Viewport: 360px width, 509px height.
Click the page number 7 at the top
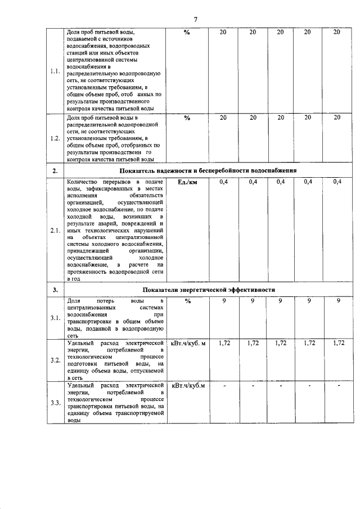point(196,20)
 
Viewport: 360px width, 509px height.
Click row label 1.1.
point(55,71)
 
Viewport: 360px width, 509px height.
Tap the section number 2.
point(55,170)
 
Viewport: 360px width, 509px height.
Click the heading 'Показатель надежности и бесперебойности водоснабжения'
point(208,170)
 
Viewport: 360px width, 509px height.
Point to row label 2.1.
point(55,230)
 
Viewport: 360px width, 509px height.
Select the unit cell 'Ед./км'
point(187,182)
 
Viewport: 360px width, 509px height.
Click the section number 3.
point(55,290)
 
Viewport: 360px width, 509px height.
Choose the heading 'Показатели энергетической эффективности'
point(208,290)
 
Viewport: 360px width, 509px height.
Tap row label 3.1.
point(55,318)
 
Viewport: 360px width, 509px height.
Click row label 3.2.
point(55,360)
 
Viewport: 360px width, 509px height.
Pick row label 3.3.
point(55,403)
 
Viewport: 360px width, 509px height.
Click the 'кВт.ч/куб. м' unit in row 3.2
point(188,343)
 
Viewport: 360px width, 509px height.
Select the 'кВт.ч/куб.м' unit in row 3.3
point(188,385)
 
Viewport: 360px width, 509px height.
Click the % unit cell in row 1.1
point(187,32)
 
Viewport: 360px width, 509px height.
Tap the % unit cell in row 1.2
point(187,117)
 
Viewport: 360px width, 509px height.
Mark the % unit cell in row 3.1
point(187,301)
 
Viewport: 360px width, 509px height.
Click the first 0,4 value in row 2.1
point(223,182)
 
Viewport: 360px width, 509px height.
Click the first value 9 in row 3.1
point(223,301)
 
